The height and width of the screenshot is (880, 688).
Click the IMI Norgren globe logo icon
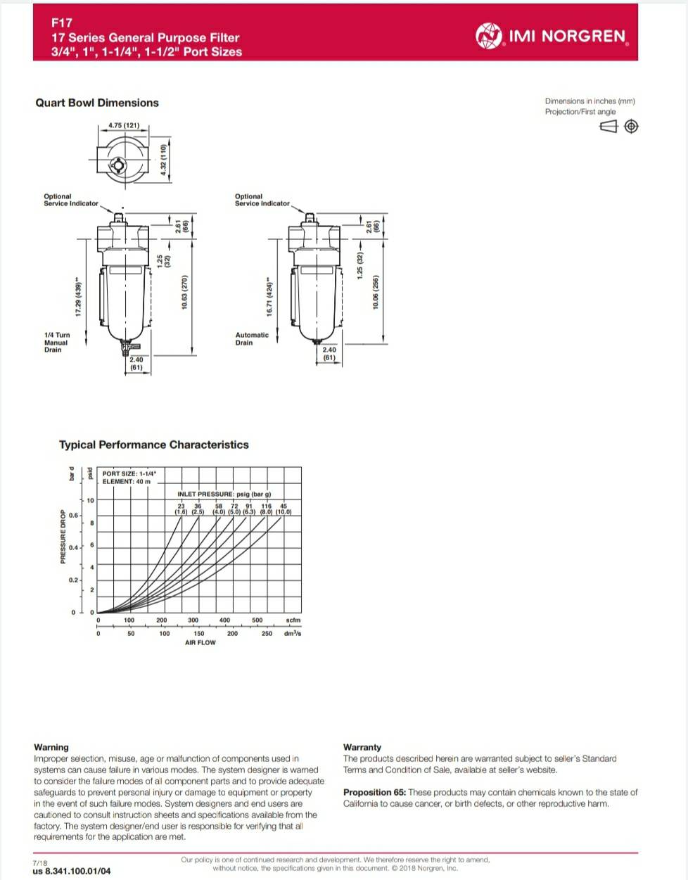pos(489,35)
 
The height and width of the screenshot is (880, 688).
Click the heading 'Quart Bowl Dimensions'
pos(97,103)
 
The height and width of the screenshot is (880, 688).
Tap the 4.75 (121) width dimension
pos(124,126)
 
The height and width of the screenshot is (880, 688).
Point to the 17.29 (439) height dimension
pos(78,296)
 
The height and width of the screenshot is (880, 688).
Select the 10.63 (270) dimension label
pos(185,292)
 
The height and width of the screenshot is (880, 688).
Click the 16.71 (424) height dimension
pos(269,296)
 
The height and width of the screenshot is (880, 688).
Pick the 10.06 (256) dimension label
pos(376,291)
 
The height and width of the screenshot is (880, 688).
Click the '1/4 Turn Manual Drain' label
pos(57,343)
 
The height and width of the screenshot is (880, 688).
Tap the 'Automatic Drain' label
pos(252,339)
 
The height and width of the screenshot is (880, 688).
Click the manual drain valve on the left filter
pos(127,346)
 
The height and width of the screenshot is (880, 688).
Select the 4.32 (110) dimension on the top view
pos(164,160)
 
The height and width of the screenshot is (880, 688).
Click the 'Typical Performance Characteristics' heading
pos(153,445)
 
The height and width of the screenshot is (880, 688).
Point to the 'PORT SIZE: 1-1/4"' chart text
pos(129,473)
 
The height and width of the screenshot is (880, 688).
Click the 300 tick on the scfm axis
pos(193,620)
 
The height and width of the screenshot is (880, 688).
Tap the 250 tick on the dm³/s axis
pos(267,634)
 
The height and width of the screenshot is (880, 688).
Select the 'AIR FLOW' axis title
pos(200,643)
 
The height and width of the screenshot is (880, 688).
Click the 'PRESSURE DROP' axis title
pos(63,537)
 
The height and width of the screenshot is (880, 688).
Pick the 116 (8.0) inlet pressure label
pos(266,509)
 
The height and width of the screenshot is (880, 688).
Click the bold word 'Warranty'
pos(362,747)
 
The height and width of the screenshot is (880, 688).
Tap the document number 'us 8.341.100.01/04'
pos(71,872)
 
